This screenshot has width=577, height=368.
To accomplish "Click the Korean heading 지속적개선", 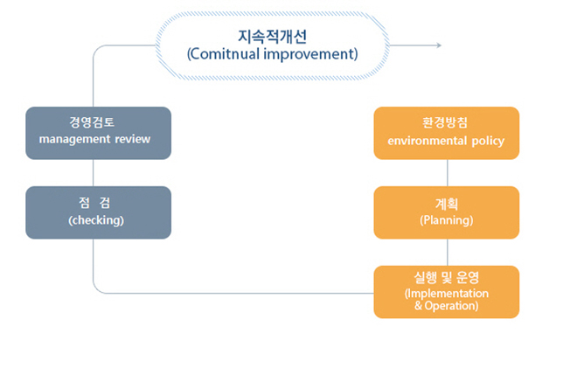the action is click(x=272, y=36).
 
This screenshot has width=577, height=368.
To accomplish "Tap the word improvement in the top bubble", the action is click(x=309, y=54).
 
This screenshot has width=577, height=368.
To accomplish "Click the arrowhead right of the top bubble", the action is click(x=439, y=45).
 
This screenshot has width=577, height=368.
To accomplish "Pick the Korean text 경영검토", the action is click(x=92, y=122).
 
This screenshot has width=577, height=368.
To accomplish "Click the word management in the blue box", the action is click(x=74, y=140).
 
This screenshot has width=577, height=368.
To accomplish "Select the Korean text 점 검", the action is click(x=94, y=203).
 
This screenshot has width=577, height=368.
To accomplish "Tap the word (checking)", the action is click(x=96, y=220).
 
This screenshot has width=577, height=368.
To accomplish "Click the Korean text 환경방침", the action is click(x=445, y=122).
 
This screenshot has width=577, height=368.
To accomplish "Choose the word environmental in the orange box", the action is click(x=428, y=141).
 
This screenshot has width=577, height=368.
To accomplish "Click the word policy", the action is click(x=488, y=142).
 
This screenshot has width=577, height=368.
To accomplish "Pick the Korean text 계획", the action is click(x=447, y=204).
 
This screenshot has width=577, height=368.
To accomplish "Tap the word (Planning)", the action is click(x=447, y=220).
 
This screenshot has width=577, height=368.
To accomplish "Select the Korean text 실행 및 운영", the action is click(x=447, y=277).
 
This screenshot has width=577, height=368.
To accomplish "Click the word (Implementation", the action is click(x=447, y=294).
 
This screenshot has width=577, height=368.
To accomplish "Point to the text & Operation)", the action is click(x=447, y=306).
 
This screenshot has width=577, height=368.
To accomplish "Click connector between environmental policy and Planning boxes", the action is click(x=448, y=173).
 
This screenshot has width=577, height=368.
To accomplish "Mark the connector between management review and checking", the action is click(x=93, y=173).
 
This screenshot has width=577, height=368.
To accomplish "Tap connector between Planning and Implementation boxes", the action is click(x=448, y=253).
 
